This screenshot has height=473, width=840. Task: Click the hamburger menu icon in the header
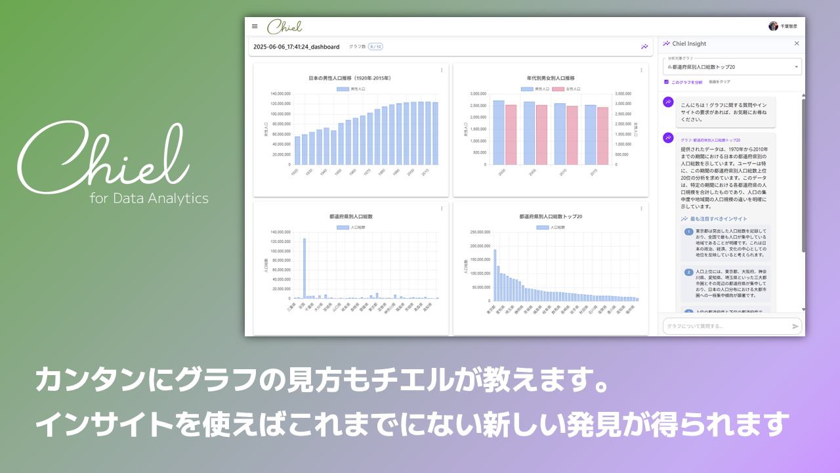[255, 26]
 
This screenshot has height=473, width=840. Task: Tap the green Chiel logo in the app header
[284, 26]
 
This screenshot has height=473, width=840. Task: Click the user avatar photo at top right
[773, 26]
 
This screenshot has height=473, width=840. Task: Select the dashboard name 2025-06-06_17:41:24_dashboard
[296, 47]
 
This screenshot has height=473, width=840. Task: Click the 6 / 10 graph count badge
[375, 47]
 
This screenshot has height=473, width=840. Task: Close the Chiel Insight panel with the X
[797, 44]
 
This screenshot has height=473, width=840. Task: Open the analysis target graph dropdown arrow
[797, 67]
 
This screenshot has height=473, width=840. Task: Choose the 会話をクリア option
[719, 82]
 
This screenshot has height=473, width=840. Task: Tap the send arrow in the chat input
[795, 327]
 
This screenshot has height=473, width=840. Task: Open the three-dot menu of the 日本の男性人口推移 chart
[442, 70]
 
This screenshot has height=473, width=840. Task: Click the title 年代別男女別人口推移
[550, 78]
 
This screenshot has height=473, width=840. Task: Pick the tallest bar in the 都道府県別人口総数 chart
[304, 268]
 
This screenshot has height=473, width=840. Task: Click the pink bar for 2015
[602, 136]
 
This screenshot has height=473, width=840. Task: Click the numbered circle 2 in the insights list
[688, 272]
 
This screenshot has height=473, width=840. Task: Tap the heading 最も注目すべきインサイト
[718, 219]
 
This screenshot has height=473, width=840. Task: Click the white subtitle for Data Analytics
[149, 198]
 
